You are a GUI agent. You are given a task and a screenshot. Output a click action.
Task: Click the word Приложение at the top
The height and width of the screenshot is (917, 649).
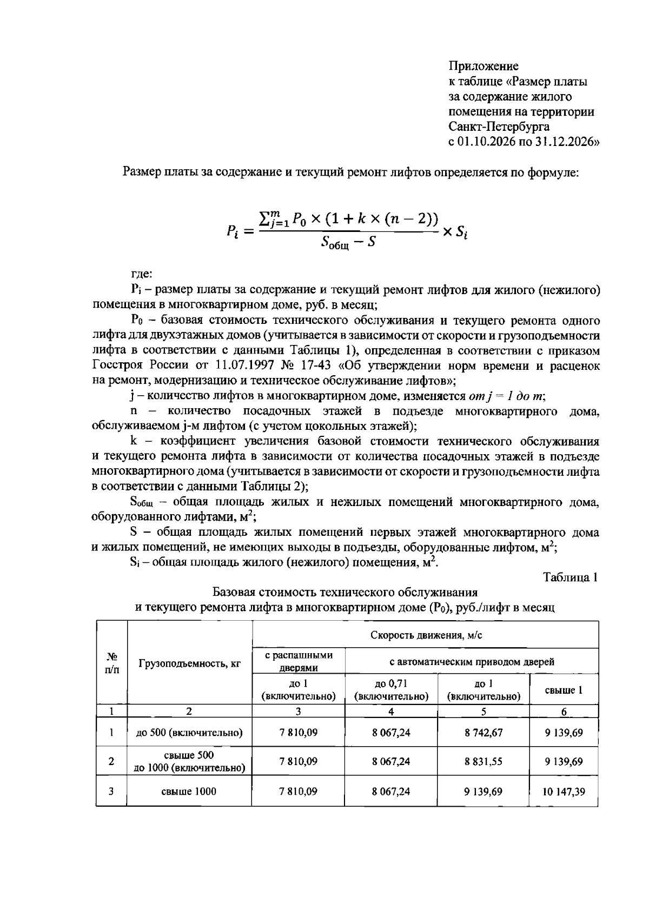[484, 66]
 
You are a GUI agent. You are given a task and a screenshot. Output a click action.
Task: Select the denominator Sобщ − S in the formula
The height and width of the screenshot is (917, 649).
[348, 243]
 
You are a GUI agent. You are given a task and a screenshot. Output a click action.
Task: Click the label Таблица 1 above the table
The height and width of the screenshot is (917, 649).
[571, 577]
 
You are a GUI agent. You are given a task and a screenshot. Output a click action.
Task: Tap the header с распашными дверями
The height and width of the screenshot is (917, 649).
[299, 661]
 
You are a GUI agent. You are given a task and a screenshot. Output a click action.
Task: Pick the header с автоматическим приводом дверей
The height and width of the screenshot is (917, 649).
[472, 661]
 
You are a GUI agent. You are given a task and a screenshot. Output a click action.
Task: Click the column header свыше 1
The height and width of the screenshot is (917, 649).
[564, 690]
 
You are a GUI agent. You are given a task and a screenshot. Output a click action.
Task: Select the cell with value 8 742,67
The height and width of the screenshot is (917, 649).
[484, 733]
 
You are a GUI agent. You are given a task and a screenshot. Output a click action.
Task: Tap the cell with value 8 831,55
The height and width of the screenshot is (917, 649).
[484, 761]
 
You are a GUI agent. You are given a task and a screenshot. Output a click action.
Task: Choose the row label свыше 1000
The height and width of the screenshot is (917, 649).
[189, 792]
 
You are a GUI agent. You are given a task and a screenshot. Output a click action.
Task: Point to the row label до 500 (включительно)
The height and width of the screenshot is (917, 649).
[189, 733]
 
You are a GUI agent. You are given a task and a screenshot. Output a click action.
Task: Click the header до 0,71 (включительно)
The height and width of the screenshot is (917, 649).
[391, 690]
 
